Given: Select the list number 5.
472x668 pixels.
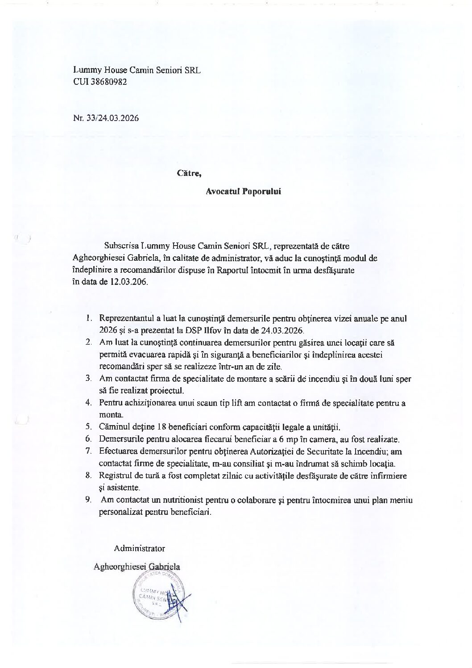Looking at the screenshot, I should click(88, 426).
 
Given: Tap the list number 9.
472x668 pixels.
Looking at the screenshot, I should click(88, 500).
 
